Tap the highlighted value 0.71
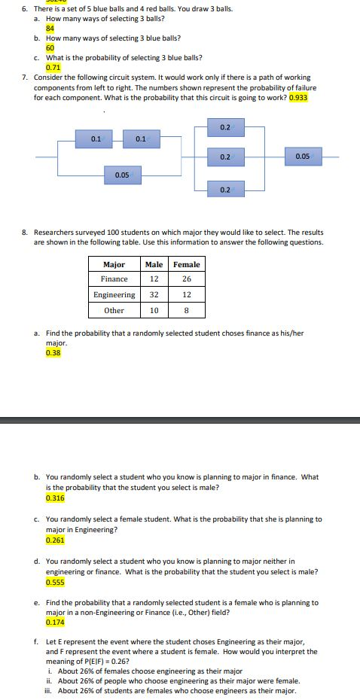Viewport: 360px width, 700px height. coord(53,66)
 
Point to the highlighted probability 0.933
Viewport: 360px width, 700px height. coord(298,97)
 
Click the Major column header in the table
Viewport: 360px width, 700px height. coord(113,264)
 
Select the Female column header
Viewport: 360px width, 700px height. coord(186,264)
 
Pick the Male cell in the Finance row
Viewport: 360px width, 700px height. coord(154,279)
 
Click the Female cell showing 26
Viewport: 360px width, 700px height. coord(186,279)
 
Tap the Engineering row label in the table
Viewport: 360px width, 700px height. coord(114,295)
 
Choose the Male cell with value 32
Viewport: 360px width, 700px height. coord(154,295)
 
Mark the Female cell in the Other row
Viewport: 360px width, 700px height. coord(186,310)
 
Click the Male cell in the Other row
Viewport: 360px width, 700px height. coord(154,310)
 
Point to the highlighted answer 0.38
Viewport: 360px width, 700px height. coord(53,352)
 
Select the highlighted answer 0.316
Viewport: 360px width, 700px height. coord(55,498)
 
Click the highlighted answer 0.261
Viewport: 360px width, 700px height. coord(55,540)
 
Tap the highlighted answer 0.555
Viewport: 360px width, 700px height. coord(55,582)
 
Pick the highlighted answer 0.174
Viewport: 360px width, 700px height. coord(55,623)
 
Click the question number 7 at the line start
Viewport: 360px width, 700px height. coord(25,78)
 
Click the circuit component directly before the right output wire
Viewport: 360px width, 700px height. coord(303,157)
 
